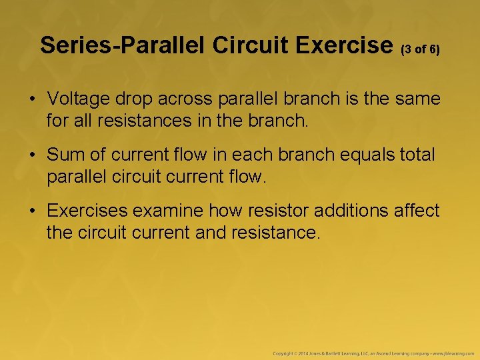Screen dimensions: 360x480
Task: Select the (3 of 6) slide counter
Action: pos(420,49)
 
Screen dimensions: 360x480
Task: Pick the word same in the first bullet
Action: pos(417,99)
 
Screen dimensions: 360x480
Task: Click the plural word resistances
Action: pos(135,122)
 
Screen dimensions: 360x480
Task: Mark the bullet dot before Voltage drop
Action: pos(32,99)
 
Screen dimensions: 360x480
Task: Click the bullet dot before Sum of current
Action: pos(32,155)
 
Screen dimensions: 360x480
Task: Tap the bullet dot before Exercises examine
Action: pos(32,211)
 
